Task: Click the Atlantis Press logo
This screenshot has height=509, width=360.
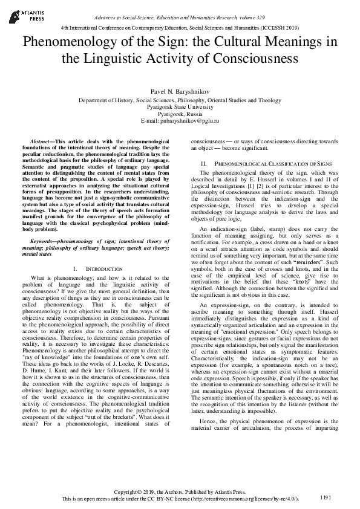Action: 24,13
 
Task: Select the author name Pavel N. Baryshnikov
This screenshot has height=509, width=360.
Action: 180,90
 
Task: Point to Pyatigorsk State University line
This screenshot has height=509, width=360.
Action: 180,107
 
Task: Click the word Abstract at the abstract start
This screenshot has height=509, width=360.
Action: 41,140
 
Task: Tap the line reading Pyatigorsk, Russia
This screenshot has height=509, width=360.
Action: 180,114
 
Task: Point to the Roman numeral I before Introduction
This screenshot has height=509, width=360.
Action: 73,268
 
